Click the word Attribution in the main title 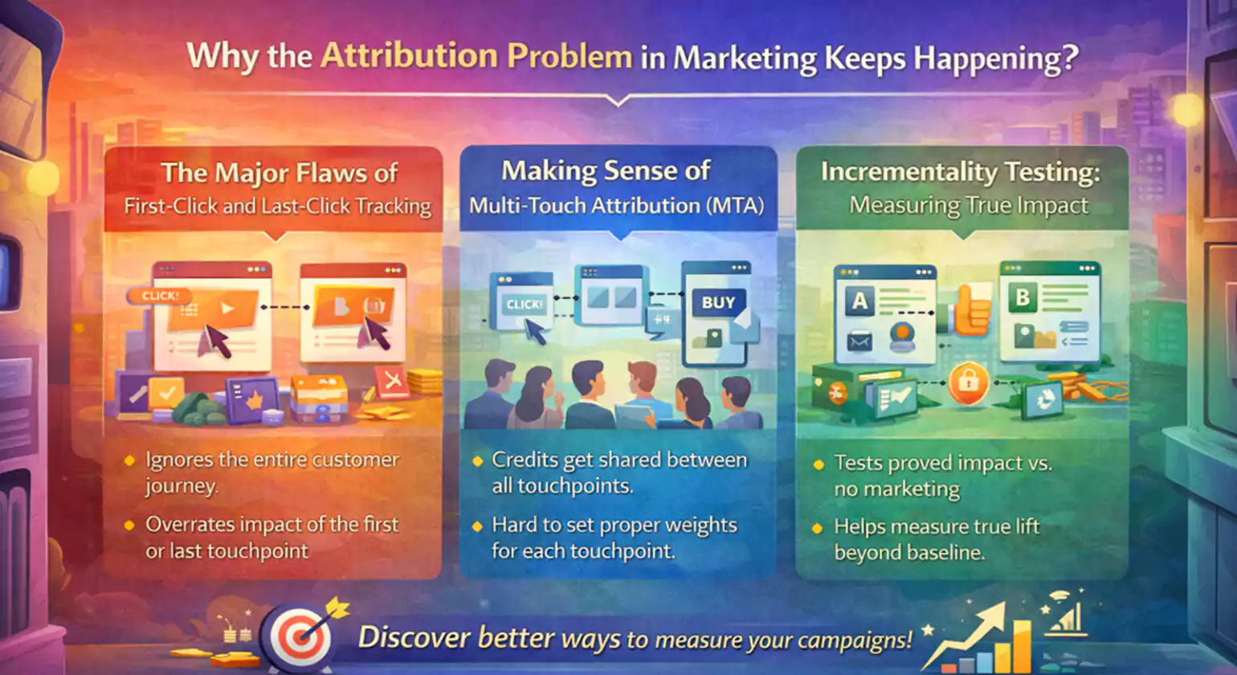click(x=409, y=56)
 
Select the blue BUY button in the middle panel click(x=717, y=303)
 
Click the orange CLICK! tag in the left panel click(x=160, y=296)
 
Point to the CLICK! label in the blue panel click(x=525, y=305)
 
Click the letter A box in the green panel click(x=859, y=301)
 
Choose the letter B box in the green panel click(x=1023, y=297)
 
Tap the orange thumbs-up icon click(x=970, y=309)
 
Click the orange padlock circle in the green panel click(x=968, y=382)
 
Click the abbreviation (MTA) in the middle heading click(x=734, y=206)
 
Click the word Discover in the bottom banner click(x=414, y=638)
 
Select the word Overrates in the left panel click(x=191, y=525)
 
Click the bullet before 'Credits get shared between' click(x=477, y=461)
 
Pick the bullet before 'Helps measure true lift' click(x=818, y=528)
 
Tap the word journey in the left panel click(x=180, y=486)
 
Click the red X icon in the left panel click(x=391, y=381)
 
